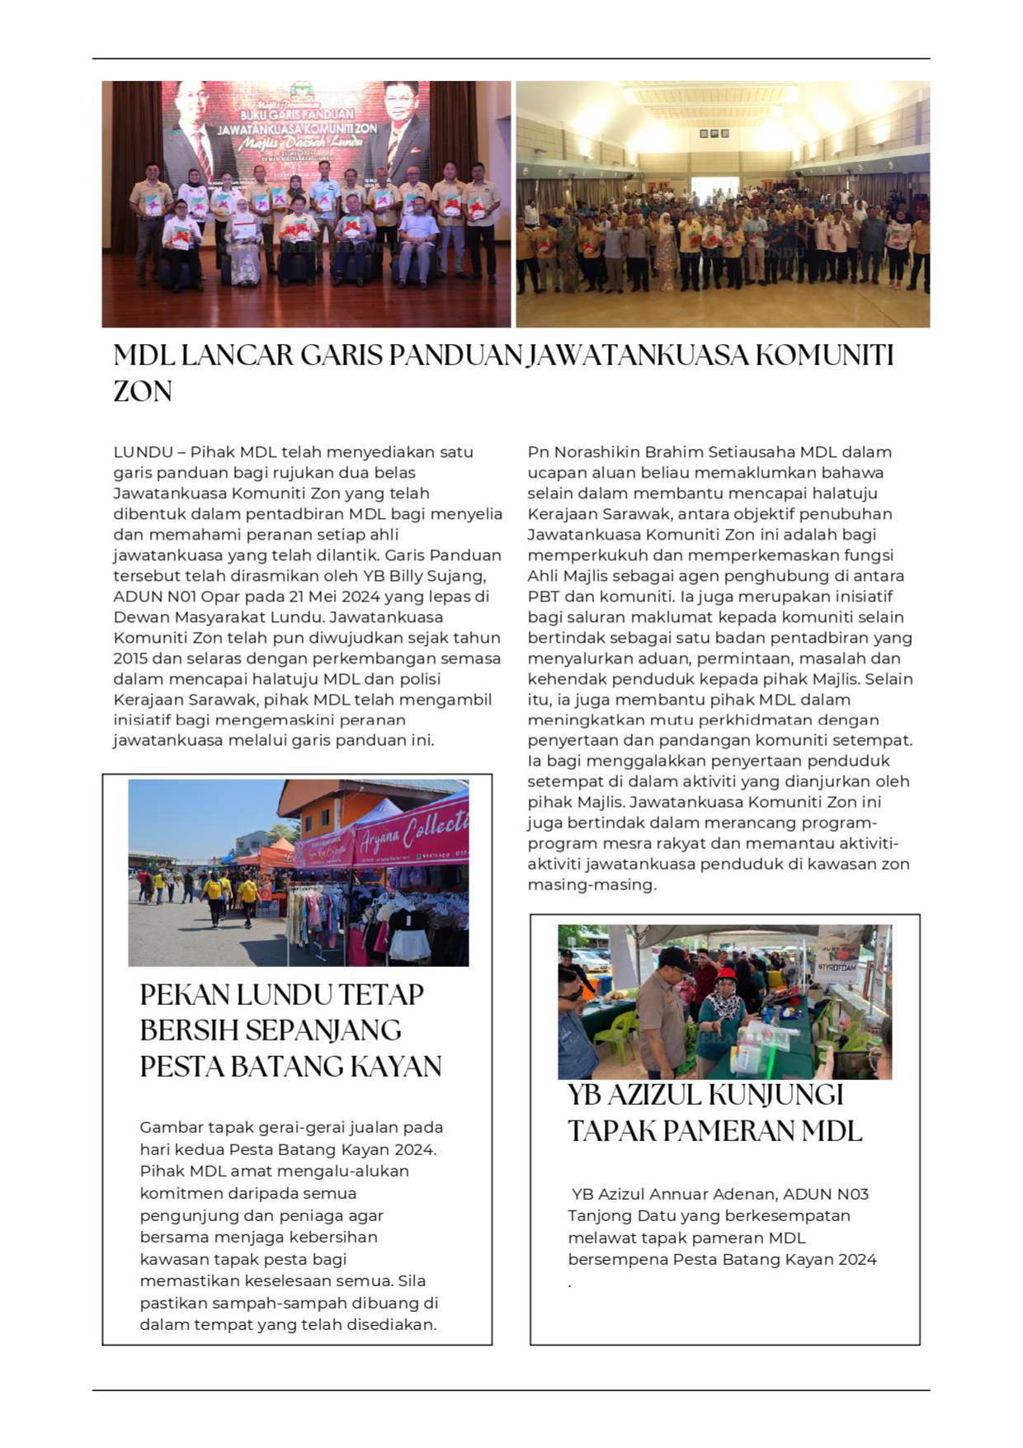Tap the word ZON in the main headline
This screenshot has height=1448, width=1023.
tap(143, 392)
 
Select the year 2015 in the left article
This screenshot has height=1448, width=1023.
tap(130, 658)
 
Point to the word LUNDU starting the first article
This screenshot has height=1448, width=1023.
tap(143, 452)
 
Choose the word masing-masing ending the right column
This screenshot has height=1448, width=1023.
tap(591, 884)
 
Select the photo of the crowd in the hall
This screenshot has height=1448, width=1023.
tap(723, 204)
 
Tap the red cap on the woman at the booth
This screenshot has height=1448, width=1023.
tap(726, 974)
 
